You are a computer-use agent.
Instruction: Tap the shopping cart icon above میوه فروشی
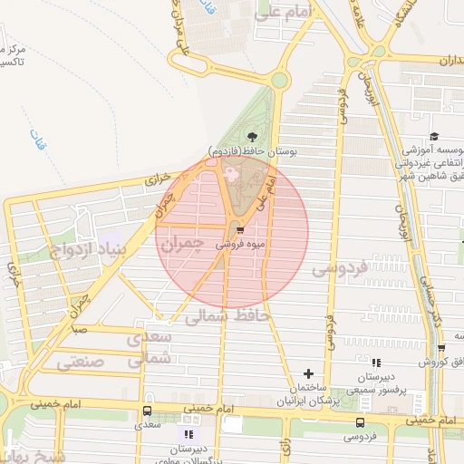[238, 229]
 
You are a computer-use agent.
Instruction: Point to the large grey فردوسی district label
[340, 269]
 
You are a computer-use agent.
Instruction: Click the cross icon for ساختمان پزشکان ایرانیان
[308, 373]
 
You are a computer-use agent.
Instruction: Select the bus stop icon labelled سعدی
[147, 409]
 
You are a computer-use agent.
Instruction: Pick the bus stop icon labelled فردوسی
[361, 422]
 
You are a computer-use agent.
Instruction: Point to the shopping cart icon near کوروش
[440, 347]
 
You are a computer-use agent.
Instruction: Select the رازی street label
[285, 444]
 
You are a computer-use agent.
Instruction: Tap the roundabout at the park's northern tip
[278, 80]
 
